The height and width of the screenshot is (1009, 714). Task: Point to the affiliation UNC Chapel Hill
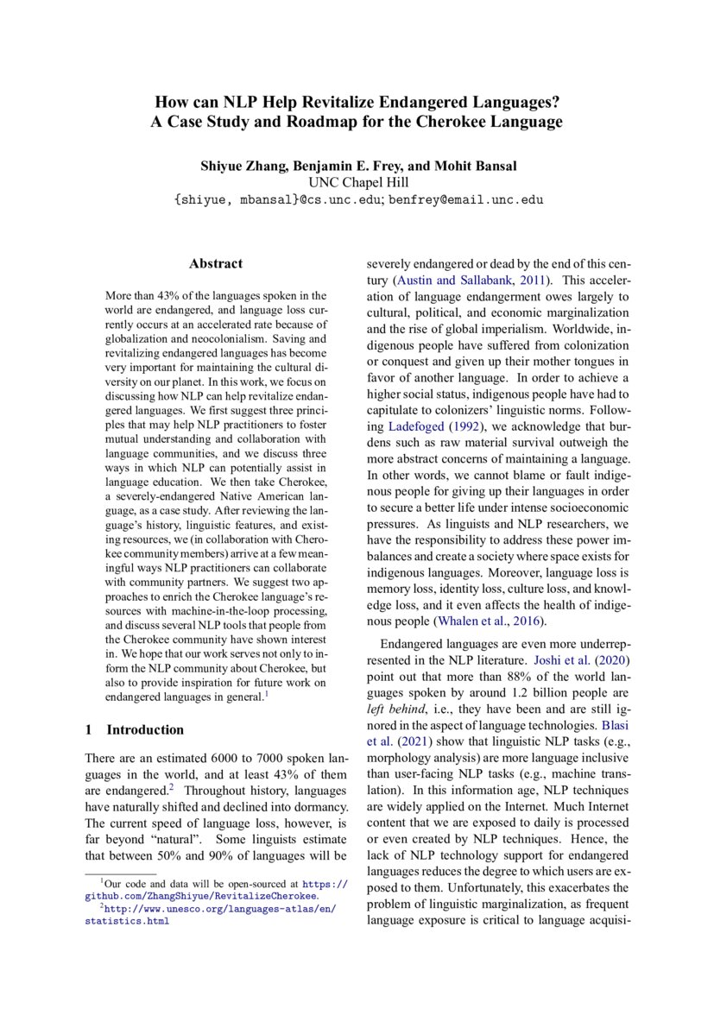pyautogui.click(x=357, y=182)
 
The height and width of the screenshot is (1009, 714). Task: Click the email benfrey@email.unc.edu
pyautogui.click(x=466, y=199)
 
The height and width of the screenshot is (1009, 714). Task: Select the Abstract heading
pyautogui.click(x=216, y=264)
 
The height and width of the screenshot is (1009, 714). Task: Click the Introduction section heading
pyautogui.click(x=145, y=729)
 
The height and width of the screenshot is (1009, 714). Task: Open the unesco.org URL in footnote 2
pyautogui.click(x=211, y=909)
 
